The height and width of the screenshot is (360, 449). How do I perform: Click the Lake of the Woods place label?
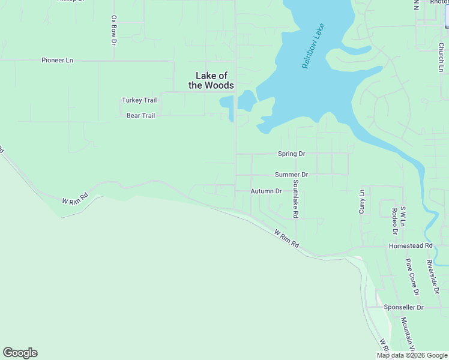pos(211,80)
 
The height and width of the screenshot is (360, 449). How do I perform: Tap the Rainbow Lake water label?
pos(313,46)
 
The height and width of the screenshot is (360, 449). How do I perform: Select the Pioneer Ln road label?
pos(57,60)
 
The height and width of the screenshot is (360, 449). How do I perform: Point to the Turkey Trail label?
pos(139,100)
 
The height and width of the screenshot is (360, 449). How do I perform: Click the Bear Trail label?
pos(140,115)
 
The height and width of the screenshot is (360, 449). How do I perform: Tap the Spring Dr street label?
pos(291,154)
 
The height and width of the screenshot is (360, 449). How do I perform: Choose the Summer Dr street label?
pos(291,175)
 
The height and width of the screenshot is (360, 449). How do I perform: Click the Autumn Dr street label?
pos(266,191)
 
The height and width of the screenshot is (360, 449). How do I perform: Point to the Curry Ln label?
pos(361,202)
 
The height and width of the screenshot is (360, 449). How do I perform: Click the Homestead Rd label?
pos(411,246)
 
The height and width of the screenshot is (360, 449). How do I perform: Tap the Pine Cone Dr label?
pos(412,277)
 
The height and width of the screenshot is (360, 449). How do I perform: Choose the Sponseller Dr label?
pos(403,307)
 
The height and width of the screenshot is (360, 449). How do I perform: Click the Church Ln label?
pos(441,53)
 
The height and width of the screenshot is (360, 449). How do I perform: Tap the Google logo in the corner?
pos(20,353)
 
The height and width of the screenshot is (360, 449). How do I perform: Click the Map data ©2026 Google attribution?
pos(412,355)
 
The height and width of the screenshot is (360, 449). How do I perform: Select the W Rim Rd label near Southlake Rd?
pos(286,238)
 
